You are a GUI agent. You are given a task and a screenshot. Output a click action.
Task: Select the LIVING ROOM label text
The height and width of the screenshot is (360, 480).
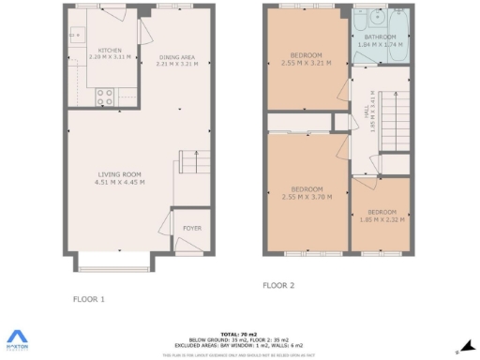[x=120, y=174]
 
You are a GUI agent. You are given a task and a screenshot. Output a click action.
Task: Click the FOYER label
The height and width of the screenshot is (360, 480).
[x=191, y=226]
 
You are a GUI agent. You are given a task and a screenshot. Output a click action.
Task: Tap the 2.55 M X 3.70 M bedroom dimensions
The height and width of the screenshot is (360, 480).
[x=307, y=197]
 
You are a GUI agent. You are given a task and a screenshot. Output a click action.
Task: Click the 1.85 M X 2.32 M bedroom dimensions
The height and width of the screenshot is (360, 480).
[x=382, y=220]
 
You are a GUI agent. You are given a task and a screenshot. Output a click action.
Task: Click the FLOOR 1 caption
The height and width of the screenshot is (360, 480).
[x=89, y=299]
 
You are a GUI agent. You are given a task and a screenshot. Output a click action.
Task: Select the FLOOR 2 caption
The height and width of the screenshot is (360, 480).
[x=278, y=285]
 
